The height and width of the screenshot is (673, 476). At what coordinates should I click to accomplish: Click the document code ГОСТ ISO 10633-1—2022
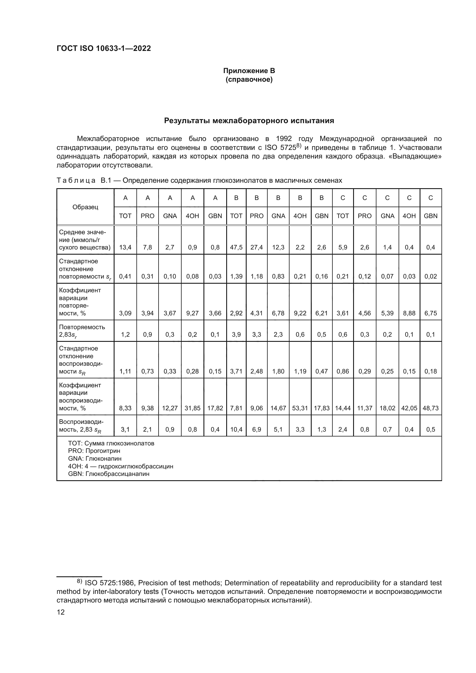pyautogui.click(x=104, y=48)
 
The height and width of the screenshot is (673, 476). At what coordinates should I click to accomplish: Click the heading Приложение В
pyautogui.click(x=249, y=71)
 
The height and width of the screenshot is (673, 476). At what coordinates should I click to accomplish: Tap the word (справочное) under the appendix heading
pyautogui.click(x=249, y=79)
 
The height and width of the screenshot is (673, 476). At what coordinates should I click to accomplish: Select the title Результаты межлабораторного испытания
pyautogui.click(x=249, y=121)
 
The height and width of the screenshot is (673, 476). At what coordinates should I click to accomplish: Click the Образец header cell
pyautogui.click(x=85, y=207)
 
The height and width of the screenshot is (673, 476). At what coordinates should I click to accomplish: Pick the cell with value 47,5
pyautogui.click(x=236, y=247)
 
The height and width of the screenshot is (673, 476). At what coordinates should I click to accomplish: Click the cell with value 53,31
pyautogui.click(x=300, y=408)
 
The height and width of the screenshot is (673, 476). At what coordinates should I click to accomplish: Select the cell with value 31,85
pyautogui.click(x=192, y=408)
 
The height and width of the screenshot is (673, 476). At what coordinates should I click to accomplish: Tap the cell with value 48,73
pyautogui.click(x=430, y=408)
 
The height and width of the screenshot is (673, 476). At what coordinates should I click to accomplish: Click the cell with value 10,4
pyautogui.click(x=236, y=429)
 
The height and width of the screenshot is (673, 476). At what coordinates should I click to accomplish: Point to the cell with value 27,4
pyautogui.click(x=256, y=247)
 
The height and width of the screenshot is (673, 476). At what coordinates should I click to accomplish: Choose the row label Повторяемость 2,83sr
pyautogui.click(x=82, y=331)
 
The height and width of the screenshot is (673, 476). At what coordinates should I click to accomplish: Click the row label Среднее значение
pyautogui.click(x=85, y=240)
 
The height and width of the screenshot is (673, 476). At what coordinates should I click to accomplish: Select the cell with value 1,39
pyautogui.click(x=236, y=277)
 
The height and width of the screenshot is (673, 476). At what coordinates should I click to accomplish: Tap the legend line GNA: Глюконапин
pyautogui.click(x=95, y=458)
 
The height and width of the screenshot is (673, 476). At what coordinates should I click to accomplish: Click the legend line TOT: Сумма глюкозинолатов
pyautogui.click(x=111, y=443)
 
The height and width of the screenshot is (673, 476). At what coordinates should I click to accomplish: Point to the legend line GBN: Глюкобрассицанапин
pyautogui.click(x=109, y=474)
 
